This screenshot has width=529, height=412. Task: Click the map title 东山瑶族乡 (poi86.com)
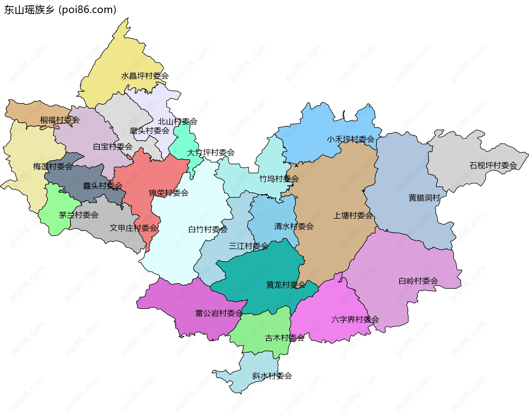[60, 10]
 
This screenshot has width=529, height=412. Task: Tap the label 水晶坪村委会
[145, 76]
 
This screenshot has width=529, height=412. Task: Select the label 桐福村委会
[60, 120]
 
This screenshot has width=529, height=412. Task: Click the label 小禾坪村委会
[351, 139]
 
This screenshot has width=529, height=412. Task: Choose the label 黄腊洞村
[424, 198]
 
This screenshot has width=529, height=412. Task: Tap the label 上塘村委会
[353, 215]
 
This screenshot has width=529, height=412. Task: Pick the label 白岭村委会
[418, 281]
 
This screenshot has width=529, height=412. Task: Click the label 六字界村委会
[355, 319]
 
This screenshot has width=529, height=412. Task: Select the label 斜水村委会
[272, 376]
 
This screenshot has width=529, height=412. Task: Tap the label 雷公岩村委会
[219, 313]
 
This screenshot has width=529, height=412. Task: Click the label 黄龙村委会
[286, 284]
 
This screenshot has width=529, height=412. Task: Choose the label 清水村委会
[294, 226]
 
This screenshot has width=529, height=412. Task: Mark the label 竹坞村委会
[279, 179]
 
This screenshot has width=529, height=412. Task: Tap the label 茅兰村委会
[79, 215]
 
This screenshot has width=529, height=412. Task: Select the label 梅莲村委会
[53, 166]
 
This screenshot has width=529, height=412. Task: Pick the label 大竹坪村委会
[211, 152]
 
